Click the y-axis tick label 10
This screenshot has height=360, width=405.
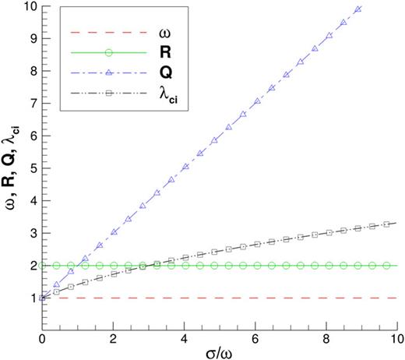point(29,7)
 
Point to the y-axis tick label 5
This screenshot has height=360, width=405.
point(32,167)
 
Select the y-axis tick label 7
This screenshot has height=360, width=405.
point(32,102)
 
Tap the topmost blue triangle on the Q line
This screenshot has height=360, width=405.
point(357,9)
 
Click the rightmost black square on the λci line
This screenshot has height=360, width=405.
point(387,224)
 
